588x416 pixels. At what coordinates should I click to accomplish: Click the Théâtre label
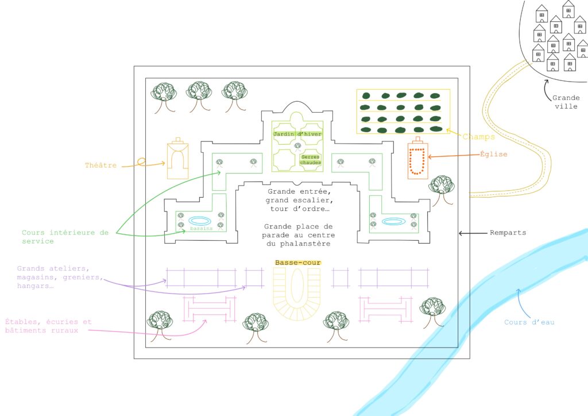pos(100,165)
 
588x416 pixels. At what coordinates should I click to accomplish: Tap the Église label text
pos(493,154)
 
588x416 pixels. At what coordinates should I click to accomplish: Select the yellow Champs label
pos(478,137)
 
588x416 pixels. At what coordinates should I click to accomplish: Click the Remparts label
pos(508,233)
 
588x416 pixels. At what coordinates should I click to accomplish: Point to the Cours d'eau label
pos(529,322)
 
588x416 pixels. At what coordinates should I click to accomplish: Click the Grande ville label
pos(566,102)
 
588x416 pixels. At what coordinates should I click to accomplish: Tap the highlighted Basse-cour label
pos(298,263)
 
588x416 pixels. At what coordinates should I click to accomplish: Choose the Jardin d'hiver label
pos(297,134)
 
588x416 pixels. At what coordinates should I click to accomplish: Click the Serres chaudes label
pos(311,160)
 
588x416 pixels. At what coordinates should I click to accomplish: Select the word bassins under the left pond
pos(201,228)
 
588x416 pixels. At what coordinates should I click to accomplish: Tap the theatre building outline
pos(177,158)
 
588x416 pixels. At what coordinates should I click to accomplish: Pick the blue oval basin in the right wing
pos(394,221)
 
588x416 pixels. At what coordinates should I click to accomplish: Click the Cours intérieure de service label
pos(65,237)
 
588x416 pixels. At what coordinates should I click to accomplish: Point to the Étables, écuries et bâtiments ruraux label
pos(48,326)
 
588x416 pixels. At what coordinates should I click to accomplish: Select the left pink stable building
pos(210,309)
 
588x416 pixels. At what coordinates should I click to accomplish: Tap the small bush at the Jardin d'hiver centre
pos(298,147)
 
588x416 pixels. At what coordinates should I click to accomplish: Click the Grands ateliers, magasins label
pos(60,277)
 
